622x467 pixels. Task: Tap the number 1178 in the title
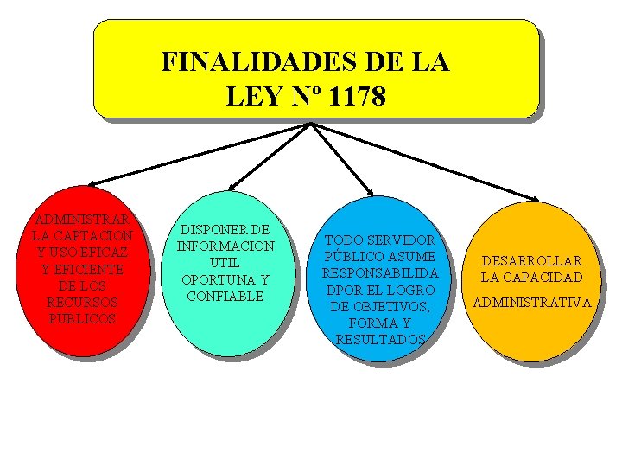point(358,97)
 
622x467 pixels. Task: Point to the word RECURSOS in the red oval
point(82,303)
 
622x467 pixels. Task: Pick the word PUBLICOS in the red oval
point(82,319)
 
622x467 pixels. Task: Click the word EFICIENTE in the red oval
point(82,269)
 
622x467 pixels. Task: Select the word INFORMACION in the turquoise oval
point(225,246)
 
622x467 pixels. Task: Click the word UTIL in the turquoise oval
point(225,263)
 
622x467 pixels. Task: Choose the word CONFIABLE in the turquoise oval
point(225,296)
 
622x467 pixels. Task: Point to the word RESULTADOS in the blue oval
point(380,340)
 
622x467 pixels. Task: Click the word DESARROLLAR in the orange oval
point(532,261)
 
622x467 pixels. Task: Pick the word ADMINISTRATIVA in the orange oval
point(532,303)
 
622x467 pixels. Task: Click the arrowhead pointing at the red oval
point(93,182)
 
